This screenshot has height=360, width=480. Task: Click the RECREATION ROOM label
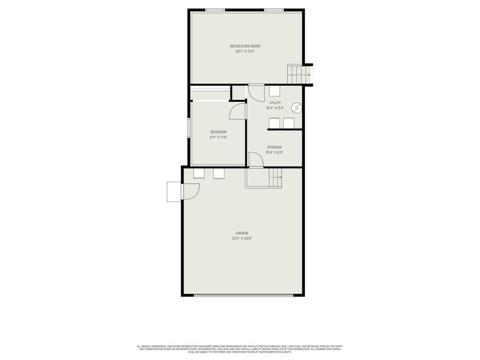coord(245,46)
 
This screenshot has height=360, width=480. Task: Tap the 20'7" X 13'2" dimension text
coord(245,52)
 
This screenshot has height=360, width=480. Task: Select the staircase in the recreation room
coord(299,75)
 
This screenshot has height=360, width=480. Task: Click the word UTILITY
coord(275,102)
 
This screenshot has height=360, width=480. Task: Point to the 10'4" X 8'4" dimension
coord(275,108)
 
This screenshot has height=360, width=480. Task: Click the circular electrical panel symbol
coord(298,108)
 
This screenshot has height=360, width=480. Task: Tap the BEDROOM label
coord(218,132)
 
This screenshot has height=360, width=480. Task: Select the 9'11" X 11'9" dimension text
coord(218,137)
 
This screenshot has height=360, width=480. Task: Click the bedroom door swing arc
coord(237,111)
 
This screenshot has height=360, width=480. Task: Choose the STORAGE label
coord(274,147)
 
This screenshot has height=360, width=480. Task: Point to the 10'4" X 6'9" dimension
coord(274,153)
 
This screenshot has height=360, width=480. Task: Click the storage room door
coord(256,160)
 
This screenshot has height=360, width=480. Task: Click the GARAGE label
coord(242,233)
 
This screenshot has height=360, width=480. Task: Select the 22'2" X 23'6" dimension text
coord(242,238)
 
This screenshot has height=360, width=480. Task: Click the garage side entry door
coord(190,192)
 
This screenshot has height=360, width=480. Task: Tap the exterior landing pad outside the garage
coord(174,192)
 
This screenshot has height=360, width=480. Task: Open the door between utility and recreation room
coord(256,93)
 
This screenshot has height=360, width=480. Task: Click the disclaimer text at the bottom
coord(240,349)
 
